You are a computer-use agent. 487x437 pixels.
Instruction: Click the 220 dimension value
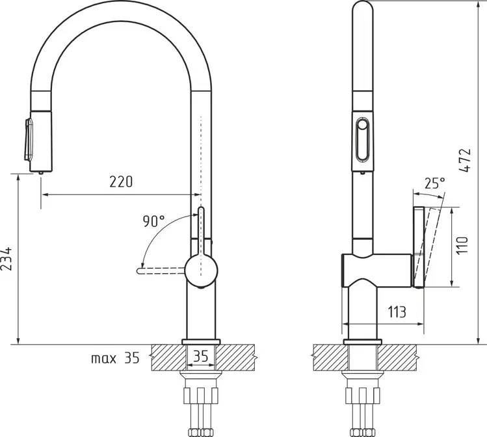[x=121, y=181]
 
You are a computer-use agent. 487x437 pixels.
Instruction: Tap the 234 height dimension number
[x=7, y=259]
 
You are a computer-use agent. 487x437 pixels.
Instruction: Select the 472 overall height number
[x=465, y=161]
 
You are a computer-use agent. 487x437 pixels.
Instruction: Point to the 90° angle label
[x=153, y=221]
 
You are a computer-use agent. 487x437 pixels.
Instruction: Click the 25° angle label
[x=435, y=183]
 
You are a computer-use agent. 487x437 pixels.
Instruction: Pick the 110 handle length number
[x=462, y=245]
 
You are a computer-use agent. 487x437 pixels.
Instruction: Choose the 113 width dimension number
[x=397, y=312]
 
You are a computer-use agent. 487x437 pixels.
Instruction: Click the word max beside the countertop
[x=104, y=359]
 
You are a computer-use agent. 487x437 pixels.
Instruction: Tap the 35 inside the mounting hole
[x=201, y=356]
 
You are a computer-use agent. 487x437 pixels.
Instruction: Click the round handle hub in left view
[x=202, y=271]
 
